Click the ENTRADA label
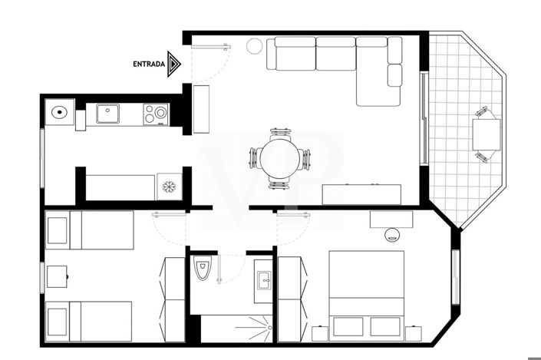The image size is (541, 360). (150, 64)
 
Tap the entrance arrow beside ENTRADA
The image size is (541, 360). (175, 64)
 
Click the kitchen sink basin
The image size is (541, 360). (107, 115)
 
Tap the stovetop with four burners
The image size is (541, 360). (156, 114)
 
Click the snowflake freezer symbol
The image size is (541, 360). (168, 187)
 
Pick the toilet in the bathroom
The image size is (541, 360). (203, 270)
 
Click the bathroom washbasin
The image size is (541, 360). (262, 279)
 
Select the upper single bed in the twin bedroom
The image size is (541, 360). (89, 230)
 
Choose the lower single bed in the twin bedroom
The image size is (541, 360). (88, 320)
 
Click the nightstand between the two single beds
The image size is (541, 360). (57, 276)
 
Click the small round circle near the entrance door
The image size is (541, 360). (254, 47)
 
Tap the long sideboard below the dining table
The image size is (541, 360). (361, 193)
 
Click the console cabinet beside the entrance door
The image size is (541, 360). (201, 109)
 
